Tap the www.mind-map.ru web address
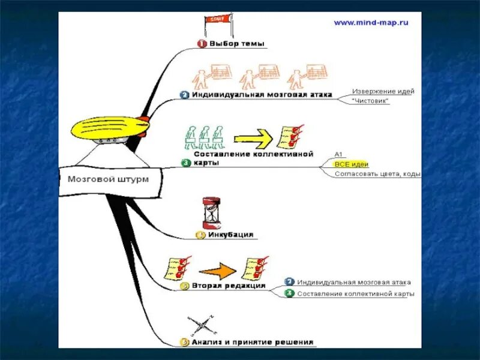371,22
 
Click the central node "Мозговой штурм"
108,179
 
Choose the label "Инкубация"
230,235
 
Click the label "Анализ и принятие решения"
253,342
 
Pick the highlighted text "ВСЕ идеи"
352,164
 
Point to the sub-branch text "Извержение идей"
383,91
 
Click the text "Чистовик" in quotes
370,101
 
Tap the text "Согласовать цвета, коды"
377,174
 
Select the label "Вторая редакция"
229,286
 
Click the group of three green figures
202,137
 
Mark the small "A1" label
338,154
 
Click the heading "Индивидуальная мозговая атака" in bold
262,95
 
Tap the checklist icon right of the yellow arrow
289,137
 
